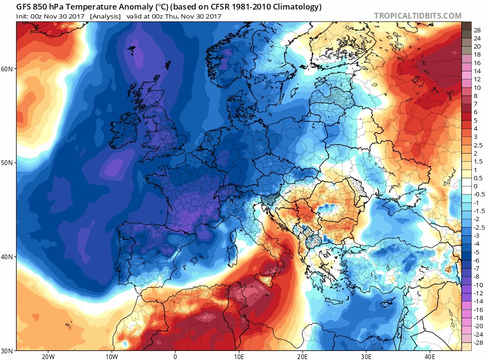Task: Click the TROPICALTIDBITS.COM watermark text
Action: pyautogui.click(x=418, y=16)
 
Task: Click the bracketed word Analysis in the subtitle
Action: pyautogui.click(x=105, y=16)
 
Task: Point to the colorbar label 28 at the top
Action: pyautogui.click(x=477, y=29)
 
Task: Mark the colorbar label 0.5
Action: pyautogui.click(x=477, y=178)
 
